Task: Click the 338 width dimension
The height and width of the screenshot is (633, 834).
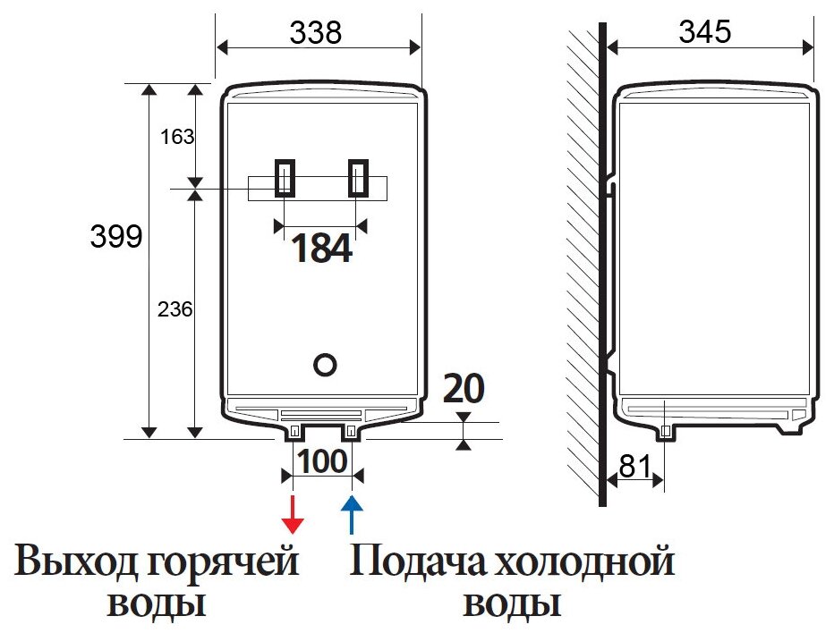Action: tap(316, 32)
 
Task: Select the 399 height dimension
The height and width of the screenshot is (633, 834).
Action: tap(116, 238)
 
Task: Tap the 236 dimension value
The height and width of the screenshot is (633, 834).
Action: tap(175, 309)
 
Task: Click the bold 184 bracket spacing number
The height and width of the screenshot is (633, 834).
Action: tap(322, 249)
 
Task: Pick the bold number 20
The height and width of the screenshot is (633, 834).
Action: tap(464, 390)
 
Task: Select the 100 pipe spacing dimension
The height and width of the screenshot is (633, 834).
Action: tap(321, 462)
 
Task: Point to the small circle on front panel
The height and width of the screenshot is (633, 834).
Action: tap(326, 364)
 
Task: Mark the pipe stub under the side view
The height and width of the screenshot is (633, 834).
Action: tap(666, 432)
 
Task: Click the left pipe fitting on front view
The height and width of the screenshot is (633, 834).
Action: tap(294, 432)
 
